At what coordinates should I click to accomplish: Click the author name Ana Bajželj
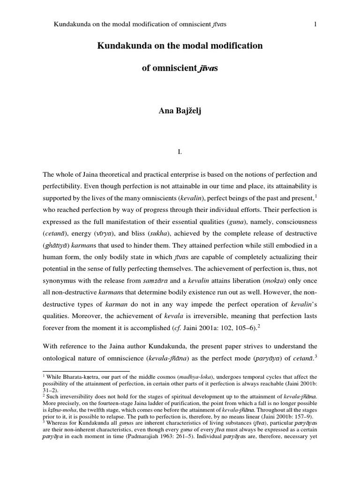point(180,110)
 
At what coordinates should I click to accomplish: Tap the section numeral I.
point(180,152)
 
